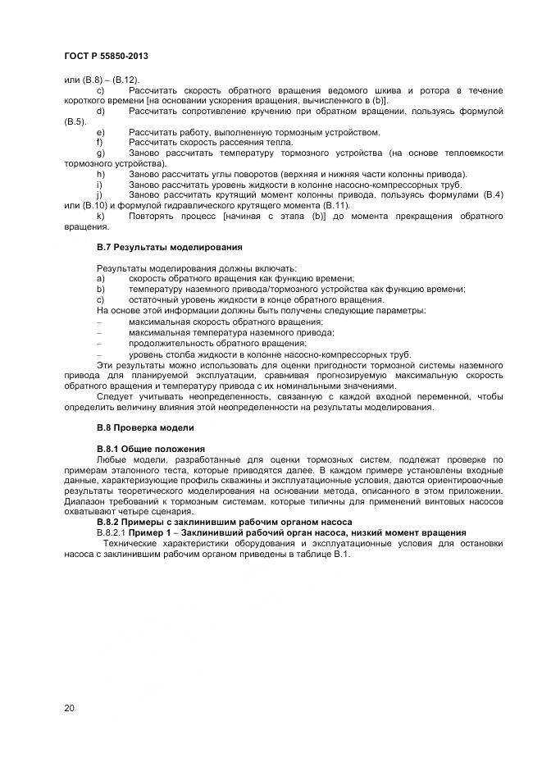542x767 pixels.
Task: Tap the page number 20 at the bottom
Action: point(70,707)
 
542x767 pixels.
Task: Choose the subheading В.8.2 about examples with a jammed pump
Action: point(224,522)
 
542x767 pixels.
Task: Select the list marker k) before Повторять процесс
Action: point(101,215)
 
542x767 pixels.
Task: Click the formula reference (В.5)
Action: point(75,121)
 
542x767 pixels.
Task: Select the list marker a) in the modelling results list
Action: point(101,278)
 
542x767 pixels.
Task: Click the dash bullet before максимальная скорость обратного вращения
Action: point(99,321)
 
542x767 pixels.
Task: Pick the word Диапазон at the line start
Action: point(86,501)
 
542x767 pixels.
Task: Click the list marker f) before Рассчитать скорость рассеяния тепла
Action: point(100,142)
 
